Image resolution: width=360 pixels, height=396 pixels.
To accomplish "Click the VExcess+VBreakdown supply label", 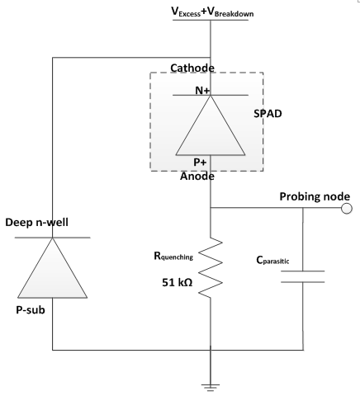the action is coord(212,12).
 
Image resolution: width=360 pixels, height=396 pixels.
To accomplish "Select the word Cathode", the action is coord(192,68).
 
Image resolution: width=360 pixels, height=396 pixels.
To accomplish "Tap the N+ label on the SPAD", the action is coord(202,90).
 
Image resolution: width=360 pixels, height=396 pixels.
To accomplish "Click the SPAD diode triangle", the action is coord(211,125).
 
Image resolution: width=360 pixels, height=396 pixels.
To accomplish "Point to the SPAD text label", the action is coord(268,114).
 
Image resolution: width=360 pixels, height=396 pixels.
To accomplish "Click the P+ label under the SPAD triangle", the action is coord(200,163).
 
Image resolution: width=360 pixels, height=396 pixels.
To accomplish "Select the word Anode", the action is coord(197,177).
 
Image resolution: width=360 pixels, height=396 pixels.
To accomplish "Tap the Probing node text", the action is coord(315,196).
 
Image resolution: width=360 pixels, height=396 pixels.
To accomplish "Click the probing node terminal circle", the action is coord(347,209).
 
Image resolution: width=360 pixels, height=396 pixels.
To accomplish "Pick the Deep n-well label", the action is coord(36,223).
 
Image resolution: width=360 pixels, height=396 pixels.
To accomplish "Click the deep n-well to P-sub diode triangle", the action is coord(53,268).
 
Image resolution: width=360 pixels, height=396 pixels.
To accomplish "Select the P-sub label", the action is coord(31,310).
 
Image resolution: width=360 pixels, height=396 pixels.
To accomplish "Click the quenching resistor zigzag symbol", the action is coord(211,267).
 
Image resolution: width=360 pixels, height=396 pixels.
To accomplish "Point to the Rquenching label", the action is coord(173,257).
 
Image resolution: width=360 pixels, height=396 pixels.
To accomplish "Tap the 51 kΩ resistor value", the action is coord(178,282).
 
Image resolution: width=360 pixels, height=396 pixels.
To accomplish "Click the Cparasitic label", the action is coord(272,260).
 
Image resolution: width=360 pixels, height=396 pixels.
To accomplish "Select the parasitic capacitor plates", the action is coord(303,276).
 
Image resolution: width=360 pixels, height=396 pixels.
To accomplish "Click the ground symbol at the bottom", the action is coord(211,388).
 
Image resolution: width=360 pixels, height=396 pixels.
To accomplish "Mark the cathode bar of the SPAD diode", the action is coord(211,95).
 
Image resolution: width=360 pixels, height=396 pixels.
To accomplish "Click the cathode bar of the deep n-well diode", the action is coord(53,238).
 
